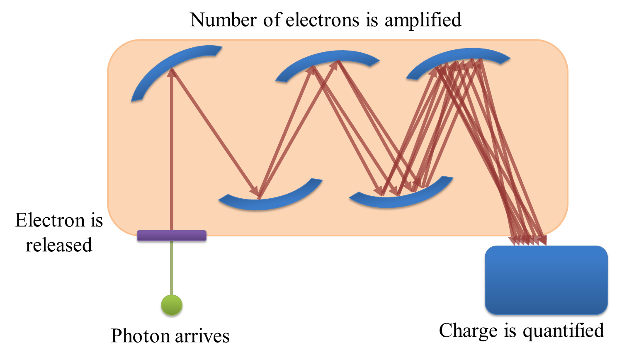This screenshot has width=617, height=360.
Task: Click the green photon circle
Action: click(172, 306)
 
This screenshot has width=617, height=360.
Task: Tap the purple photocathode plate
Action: click(171, 236)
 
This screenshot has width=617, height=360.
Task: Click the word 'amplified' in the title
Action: click(423, 20)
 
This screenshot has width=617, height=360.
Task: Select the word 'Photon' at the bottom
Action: click(139, 336)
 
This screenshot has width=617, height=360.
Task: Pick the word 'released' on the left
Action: click(58, 245)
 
